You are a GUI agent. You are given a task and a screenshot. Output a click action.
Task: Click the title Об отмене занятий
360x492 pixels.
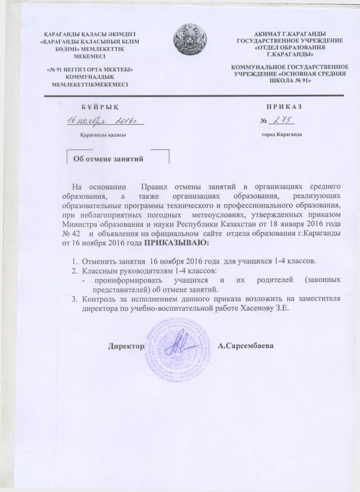(x=107, y=160)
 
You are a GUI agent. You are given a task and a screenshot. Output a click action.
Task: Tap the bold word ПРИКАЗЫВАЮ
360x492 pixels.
(x=178, y=244)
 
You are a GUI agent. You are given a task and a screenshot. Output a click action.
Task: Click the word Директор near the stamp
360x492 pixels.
(x=126, y=347)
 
